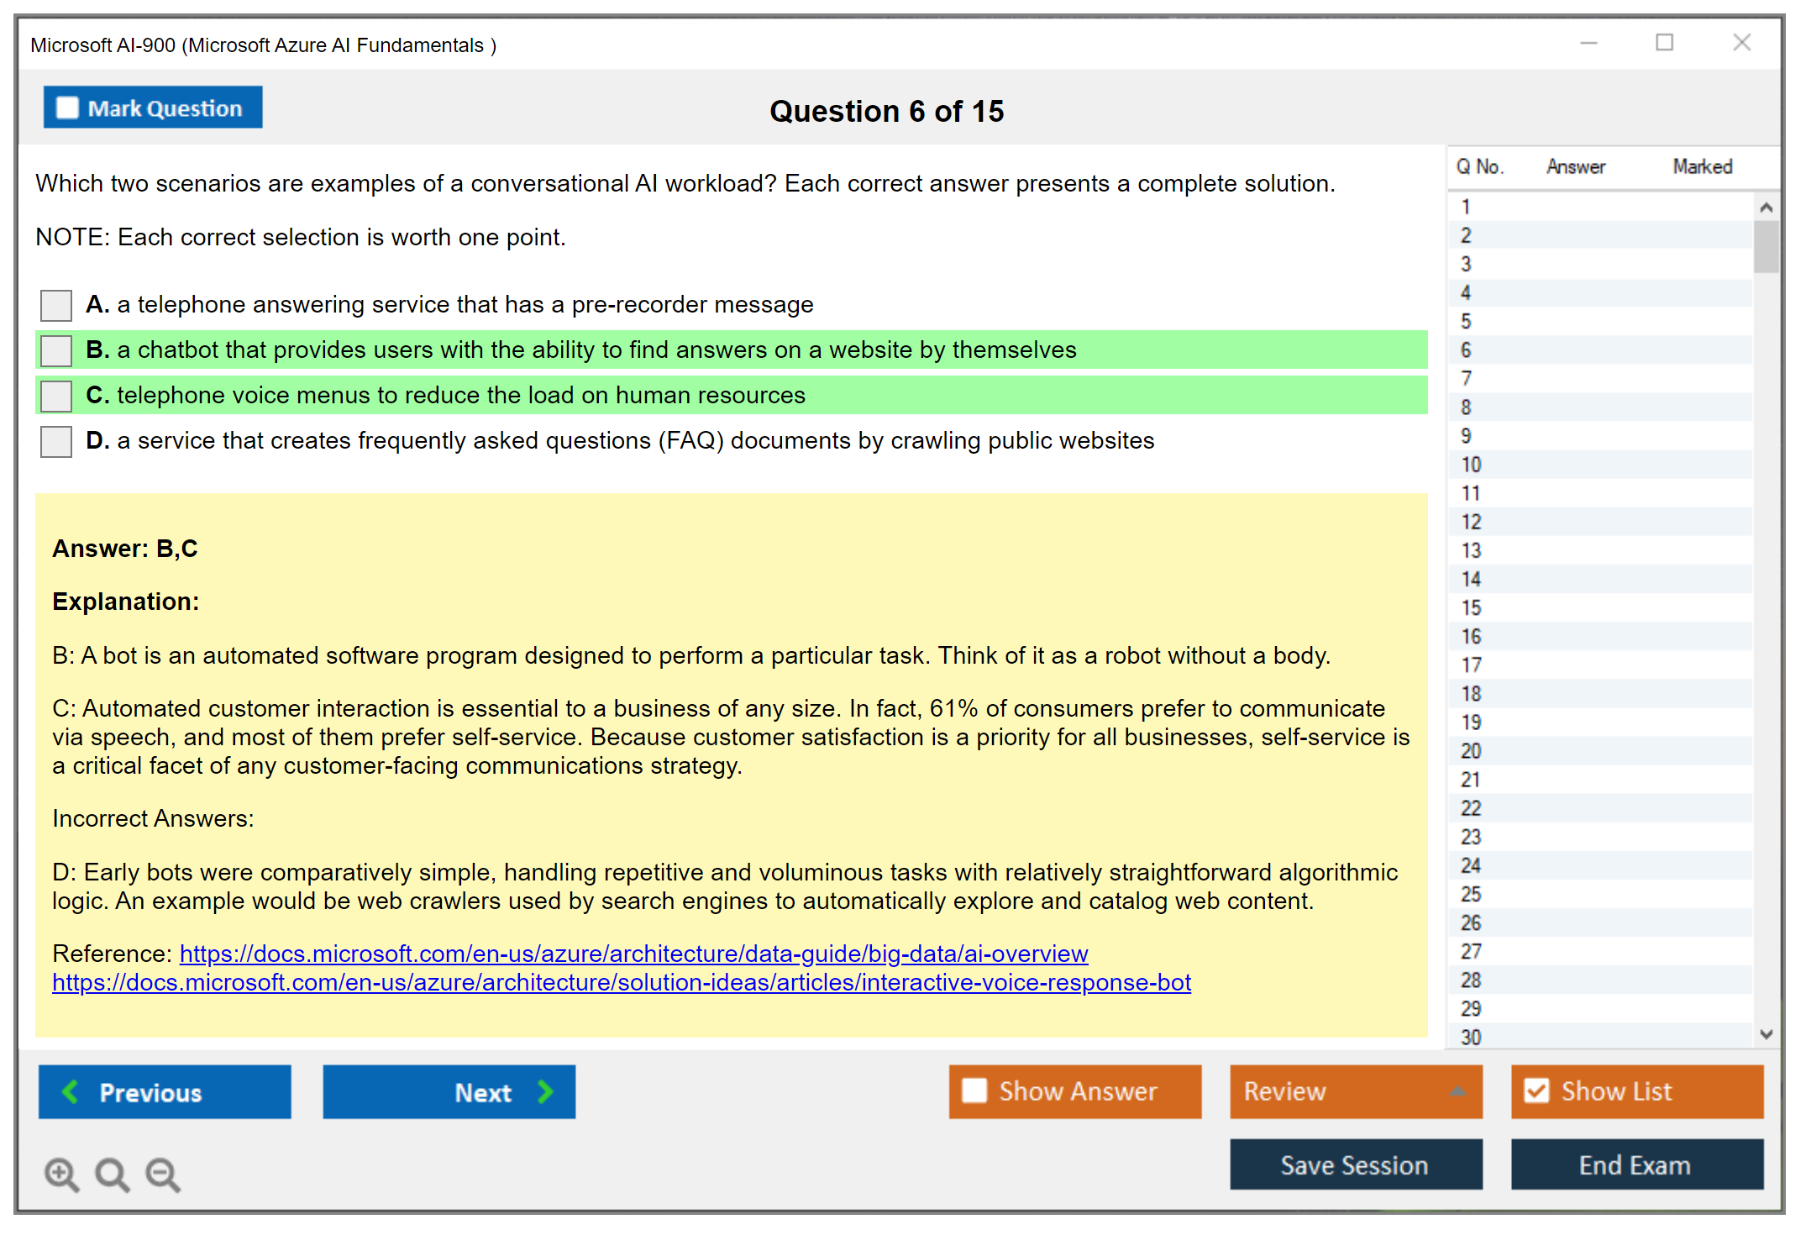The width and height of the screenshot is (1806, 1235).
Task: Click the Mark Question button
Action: [x=153, y=108]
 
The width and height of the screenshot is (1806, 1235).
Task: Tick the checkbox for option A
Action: [x=56, y=305]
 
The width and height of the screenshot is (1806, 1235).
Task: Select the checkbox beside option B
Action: [x=56, y=350]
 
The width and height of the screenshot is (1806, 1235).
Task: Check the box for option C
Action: [x=56, y=396]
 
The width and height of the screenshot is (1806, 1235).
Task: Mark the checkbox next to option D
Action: [x=56, y=441]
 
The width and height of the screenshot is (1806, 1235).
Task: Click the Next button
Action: [x=449, y=1092]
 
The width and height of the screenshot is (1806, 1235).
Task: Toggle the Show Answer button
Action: [x=1075, y=1091]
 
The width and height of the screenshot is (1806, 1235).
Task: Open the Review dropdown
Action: [x=1357, y=1091]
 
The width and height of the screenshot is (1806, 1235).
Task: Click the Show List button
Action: [x=1637, y=1091]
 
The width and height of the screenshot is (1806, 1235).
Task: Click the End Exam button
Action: [x=1637, y=1165]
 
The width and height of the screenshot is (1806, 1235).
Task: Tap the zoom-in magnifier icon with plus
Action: [x=62, y=1175]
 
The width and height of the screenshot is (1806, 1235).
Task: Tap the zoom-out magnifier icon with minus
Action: [x=163, y=1175]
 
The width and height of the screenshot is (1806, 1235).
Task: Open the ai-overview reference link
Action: [x=634, y=954]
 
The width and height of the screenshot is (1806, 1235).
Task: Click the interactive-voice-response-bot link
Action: [x=622, y=983]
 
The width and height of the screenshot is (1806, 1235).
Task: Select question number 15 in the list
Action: [x=1471, y=607]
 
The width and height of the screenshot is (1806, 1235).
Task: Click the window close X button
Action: [x=1742, y=43]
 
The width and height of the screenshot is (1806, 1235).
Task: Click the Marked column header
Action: [x=1703, y=166]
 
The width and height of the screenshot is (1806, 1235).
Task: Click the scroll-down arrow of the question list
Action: [x=1767, y=1034]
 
